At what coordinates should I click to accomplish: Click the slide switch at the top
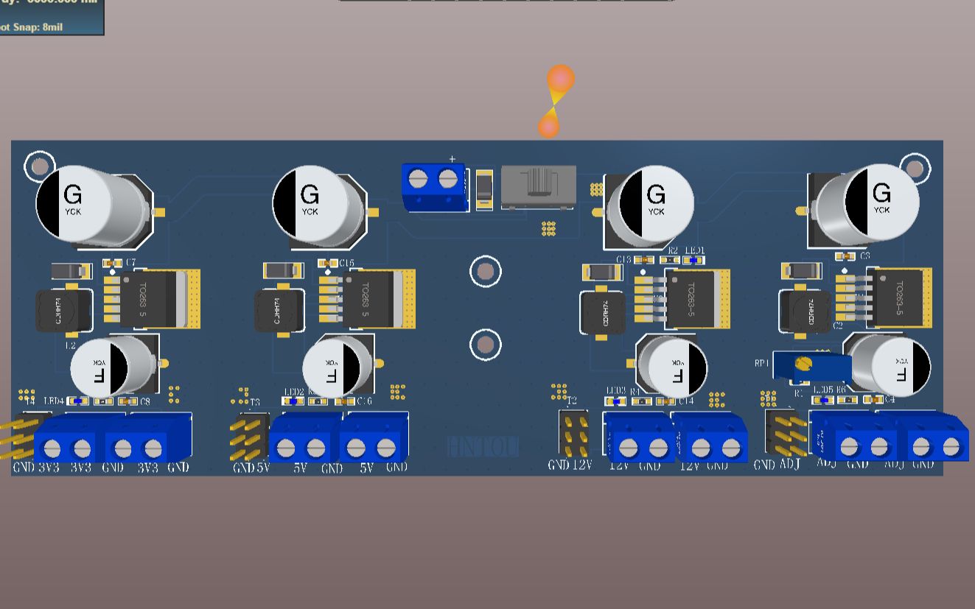[x=538, y=186]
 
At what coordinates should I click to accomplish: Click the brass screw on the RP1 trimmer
[x=804, y=364]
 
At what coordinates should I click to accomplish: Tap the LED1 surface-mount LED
[x=693, y=260]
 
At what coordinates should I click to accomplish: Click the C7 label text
[x=130, y=262]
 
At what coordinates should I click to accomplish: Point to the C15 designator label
[x=346, y=263]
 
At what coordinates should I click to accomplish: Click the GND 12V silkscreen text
[x=570, y=465]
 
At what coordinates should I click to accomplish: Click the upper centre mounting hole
[x=485, y=272]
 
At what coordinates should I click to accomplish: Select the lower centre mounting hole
[x=485, y=345]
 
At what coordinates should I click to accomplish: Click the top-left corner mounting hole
[x=40, y=166]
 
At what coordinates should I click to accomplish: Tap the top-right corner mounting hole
[x=915, y=169]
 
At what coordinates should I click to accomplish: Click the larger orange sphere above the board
[x=561, y=79]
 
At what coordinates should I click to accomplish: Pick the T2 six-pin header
[x=573, y=433]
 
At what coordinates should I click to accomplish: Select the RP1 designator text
[x=761, y=363]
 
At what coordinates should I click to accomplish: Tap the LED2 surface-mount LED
[x=293, y=401]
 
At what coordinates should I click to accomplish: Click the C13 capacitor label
[x=623, y=260]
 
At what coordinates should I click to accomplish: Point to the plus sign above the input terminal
[x=452, y=158]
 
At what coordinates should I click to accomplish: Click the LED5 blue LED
[x=823, y=400]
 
